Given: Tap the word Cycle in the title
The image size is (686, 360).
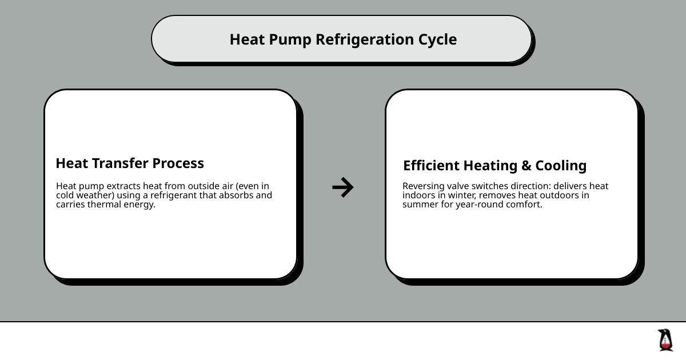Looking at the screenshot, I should pos(438,39).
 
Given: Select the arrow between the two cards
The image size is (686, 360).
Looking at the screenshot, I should pos(343,187).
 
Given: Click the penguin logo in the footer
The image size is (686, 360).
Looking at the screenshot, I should pos(665,340).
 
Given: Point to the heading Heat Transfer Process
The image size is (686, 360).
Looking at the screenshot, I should pos(130,163).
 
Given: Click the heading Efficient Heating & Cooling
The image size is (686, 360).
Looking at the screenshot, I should pos(494,166).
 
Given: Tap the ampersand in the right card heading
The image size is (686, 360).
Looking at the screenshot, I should pos(526,166).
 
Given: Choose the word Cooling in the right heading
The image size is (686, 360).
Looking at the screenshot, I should pos(561,166).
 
